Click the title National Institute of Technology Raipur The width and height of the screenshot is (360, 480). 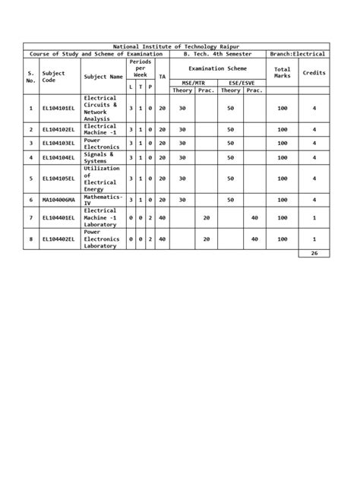175,47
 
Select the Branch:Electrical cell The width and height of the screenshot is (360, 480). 298,55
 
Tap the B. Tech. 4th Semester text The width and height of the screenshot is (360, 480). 216,55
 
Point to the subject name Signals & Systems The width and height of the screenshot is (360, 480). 100,157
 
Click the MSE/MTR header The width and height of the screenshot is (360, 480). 193,81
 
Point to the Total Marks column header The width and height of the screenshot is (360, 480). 282,72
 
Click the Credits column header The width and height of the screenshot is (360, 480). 314,72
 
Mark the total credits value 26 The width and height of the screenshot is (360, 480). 314,253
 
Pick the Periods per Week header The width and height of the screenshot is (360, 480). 140,68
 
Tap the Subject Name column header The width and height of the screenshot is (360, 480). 105,77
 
